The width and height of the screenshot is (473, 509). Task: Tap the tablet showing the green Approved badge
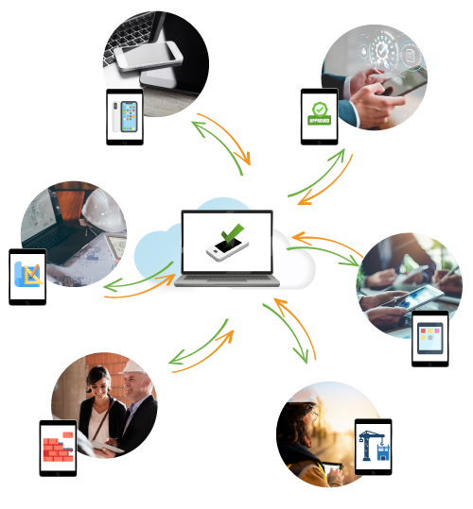tap(319, 116)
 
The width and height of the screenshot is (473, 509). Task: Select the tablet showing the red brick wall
tap(58, 448)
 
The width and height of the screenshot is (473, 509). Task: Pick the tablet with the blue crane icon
tap(373, 447)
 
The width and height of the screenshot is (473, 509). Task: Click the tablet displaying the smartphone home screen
tap(125, 117)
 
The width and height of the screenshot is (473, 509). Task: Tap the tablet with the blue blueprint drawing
tap(27, 276)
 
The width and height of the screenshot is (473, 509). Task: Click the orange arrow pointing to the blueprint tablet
tap(137, 288)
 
